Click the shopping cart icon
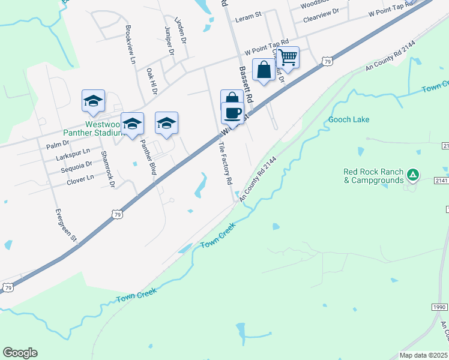(x=289, y=58)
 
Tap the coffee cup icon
(x=232, y=112)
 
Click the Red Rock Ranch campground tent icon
(x=412, y=175)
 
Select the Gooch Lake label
(x=349, y=119)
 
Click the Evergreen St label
(x=67, y=225)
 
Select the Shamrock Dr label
(x=107, y=169)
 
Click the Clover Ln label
(x=80, y=178)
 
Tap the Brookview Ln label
(x=130, y=44)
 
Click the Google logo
(x=20, y=353)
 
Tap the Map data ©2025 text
(x=424, y=355)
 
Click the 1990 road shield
(x=439, y=307)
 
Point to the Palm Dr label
(x=58, y=145)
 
